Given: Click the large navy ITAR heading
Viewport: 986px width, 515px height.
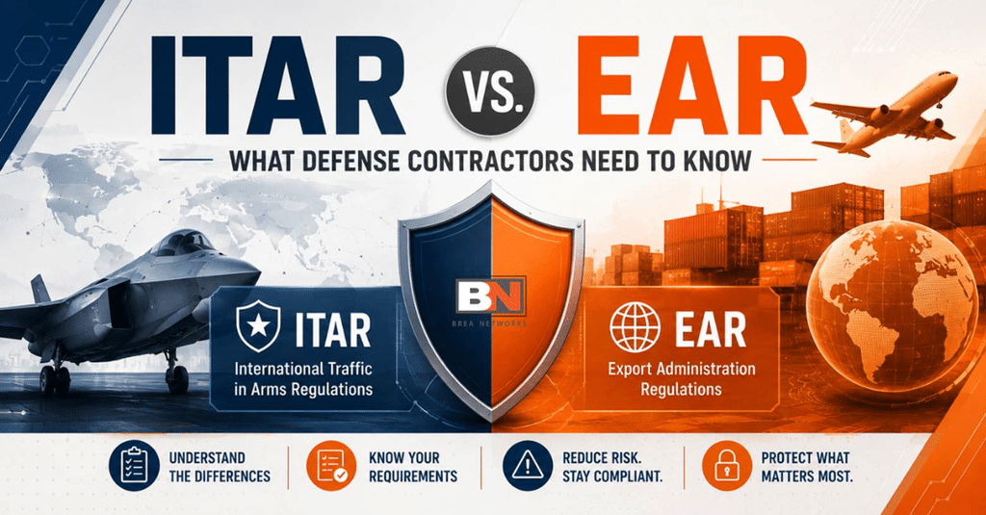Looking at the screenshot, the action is coord(275,85).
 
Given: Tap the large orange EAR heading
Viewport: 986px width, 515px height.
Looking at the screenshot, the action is coord(691,85).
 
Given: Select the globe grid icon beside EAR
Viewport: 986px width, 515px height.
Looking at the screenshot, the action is coord(636,327).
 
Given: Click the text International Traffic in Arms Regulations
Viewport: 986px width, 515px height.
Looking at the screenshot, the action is coord(303,378).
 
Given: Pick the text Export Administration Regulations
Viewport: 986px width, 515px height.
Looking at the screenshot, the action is coord(681,378).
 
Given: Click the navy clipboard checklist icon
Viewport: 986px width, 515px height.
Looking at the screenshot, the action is coord(134,466).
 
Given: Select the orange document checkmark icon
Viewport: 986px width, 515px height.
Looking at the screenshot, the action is coord(331,466).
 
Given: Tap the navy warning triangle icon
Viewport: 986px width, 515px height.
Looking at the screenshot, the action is coord(528,466).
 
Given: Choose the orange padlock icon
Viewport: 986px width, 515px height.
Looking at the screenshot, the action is coord(726,466).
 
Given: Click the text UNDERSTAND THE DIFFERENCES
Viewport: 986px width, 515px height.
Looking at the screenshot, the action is coord(220,467).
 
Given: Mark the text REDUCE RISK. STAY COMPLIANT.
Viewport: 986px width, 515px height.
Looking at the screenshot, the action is coord(611,467).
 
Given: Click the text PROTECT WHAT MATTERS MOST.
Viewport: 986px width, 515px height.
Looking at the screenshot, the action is coord(806,467).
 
